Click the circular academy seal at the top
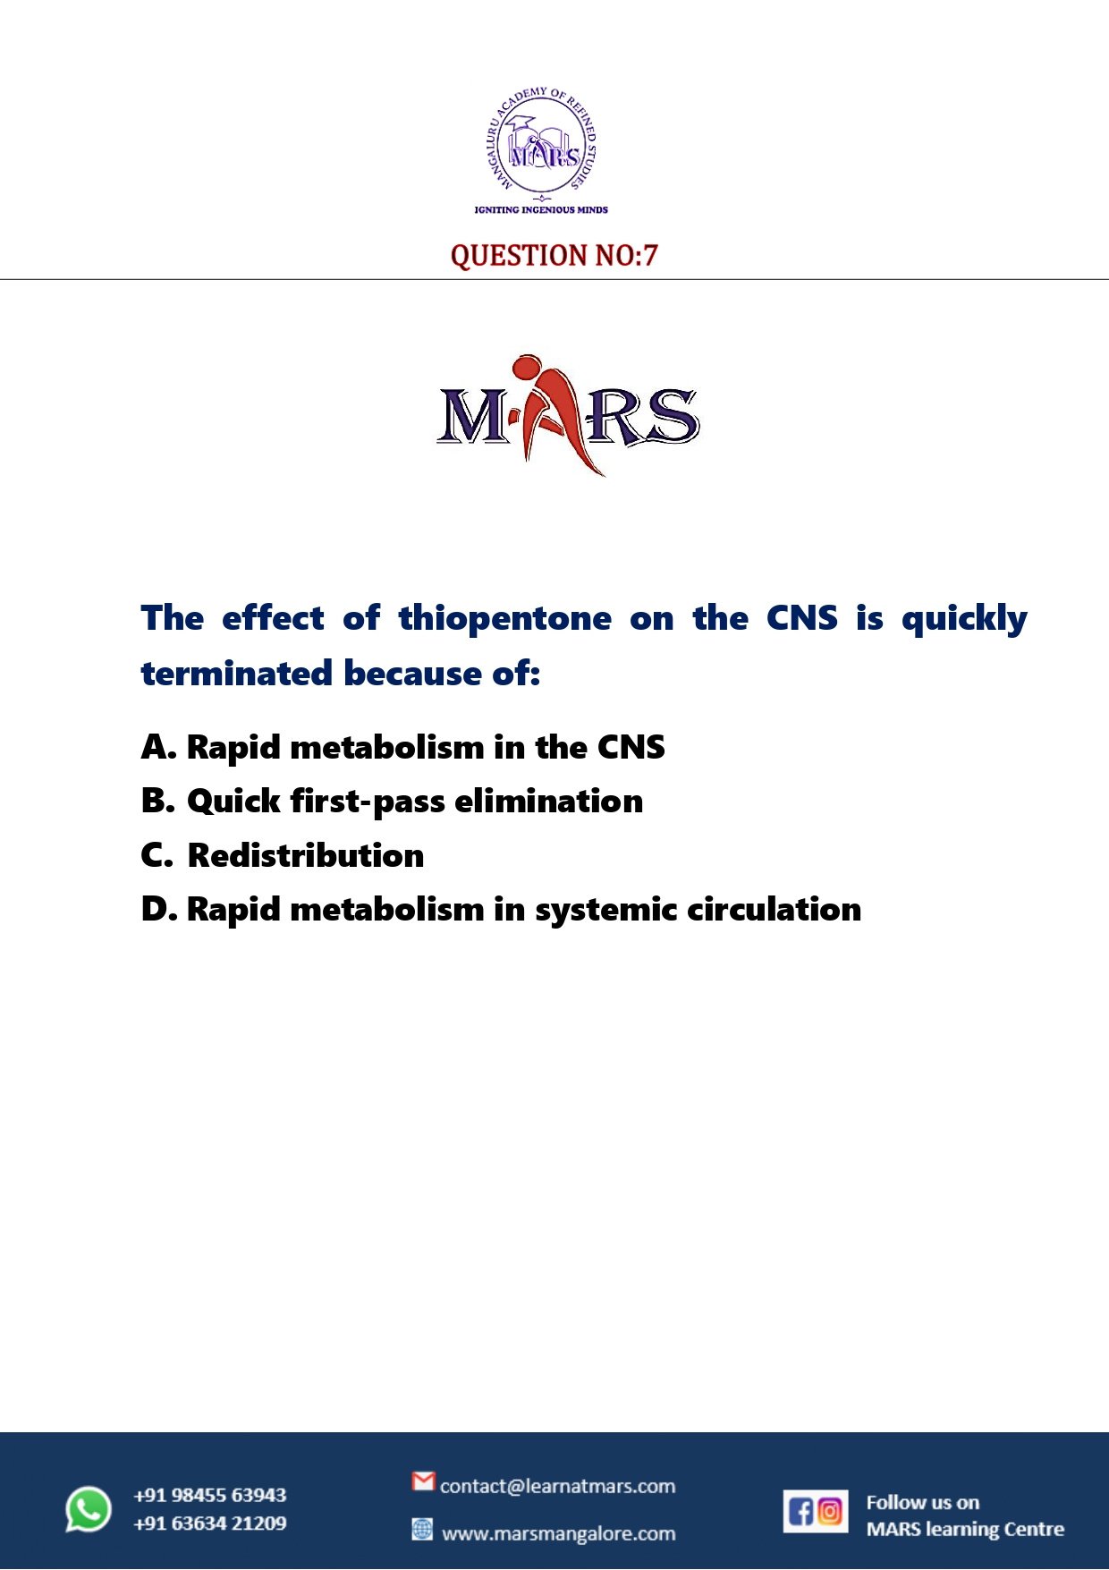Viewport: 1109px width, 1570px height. point(541,143)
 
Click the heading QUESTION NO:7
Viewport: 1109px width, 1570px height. point(554,256)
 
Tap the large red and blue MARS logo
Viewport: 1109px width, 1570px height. point(568,415)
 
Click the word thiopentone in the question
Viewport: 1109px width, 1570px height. point(505,619)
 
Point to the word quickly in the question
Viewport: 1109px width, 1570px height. point(964,619)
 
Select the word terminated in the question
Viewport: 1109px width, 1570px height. point(237,674)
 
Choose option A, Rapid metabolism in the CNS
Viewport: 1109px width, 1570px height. point(403,747)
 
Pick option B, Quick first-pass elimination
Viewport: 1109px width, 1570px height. point(393,802)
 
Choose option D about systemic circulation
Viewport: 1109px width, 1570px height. point(501,910)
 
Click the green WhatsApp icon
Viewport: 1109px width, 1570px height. point(89,1508)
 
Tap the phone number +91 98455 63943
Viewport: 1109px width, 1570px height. point(210,1495)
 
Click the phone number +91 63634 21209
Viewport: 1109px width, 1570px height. point(210,1523)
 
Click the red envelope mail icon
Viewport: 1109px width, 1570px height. point(423,1481)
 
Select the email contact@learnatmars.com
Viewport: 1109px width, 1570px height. point(557,1487)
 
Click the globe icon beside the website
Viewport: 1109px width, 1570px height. point(422,1529)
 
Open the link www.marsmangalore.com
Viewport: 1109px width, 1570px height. point(559,1533)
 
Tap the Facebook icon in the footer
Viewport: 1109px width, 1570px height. point(800,1512)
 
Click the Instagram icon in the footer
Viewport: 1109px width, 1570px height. point(831,1511)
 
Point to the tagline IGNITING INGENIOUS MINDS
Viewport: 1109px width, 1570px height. point(541,209)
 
